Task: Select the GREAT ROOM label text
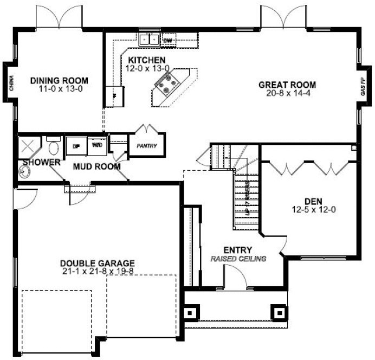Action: point(287,85)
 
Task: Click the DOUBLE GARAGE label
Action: point(98,263)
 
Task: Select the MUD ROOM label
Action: point(96,166)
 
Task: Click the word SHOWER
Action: point(41,162)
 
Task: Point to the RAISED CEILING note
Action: point(238,259)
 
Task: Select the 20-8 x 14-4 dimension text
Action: point(287,93)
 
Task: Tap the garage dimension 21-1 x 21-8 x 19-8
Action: point(98,272)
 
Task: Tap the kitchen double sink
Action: point(148,39)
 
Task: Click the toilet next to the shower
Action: point(53,147)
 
